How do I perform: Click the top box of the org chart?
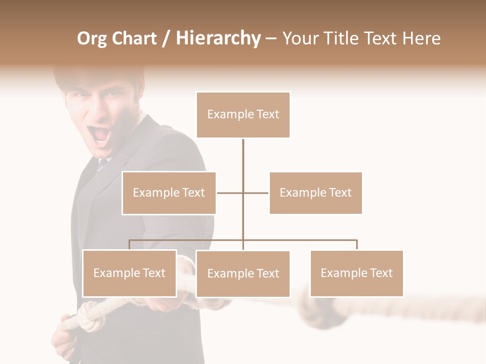[243, 115]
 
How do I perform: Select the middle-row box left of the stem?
[169, 193]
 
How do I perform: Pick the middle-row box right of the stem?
[315, 193]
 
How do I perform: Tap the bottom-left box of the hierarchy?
[130, 273]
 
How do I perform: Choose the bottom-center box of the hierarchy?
[243, 274]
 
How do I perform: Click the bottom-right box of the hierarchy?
[356, 273]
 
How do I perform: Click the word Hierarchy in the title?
[218, 38]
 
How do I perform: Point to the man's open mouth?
[100, 135]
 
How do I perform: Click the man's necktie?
[102, 165]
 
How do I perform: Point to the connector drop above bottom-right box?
[357, 245]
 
